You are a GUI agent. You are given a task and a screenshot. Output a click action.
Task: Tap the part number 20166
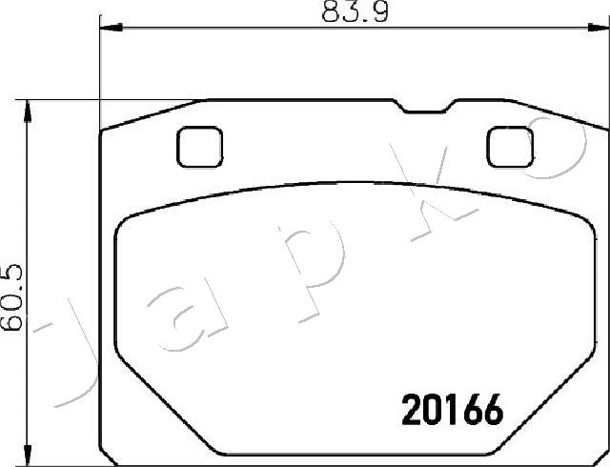[x=449, y=412]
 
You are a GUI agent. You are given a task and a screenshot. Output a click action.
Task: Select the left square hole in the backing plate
[x=198, y=147]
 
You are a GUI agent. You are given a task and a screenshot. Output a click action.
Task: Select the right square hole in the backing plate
[x=509, y=146]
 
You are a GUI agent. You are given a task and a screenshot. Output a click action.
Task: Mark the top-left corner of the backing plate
[x=103, y=132]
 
